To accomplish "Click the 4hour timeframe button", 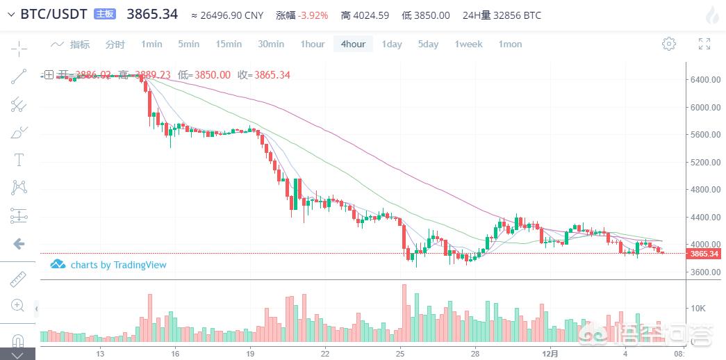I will pos(353,44).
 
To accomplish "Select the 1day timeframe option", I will pos(392,44).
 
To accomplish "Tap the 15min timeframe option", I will pos(229,44).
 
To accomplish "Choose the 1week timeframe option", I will pos(468,44).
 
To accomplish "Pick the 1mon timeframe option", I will pos(510,44).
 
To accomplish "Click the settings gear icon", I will pos(669,44).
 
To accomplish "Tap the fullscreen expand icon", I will pos(704,44).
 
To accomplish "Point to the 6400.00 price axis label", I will pos(705,80).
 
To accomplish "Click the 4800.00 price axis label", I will pos(705,190).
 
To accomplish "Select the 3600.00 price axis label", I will pos(705,272).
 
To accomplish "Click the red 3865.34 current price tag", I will pos(704,254).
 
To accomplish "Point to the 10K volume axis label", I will pos(698,308).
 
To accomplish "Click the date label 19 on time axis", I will pos(250,353).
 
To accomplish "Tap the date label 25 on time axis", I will pos(401,353).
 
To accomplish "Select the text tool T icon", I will pos(19,160).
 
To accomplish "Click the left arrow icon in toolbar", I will pos(19,243).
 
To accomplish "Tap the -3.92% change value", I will pos(313,15).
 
